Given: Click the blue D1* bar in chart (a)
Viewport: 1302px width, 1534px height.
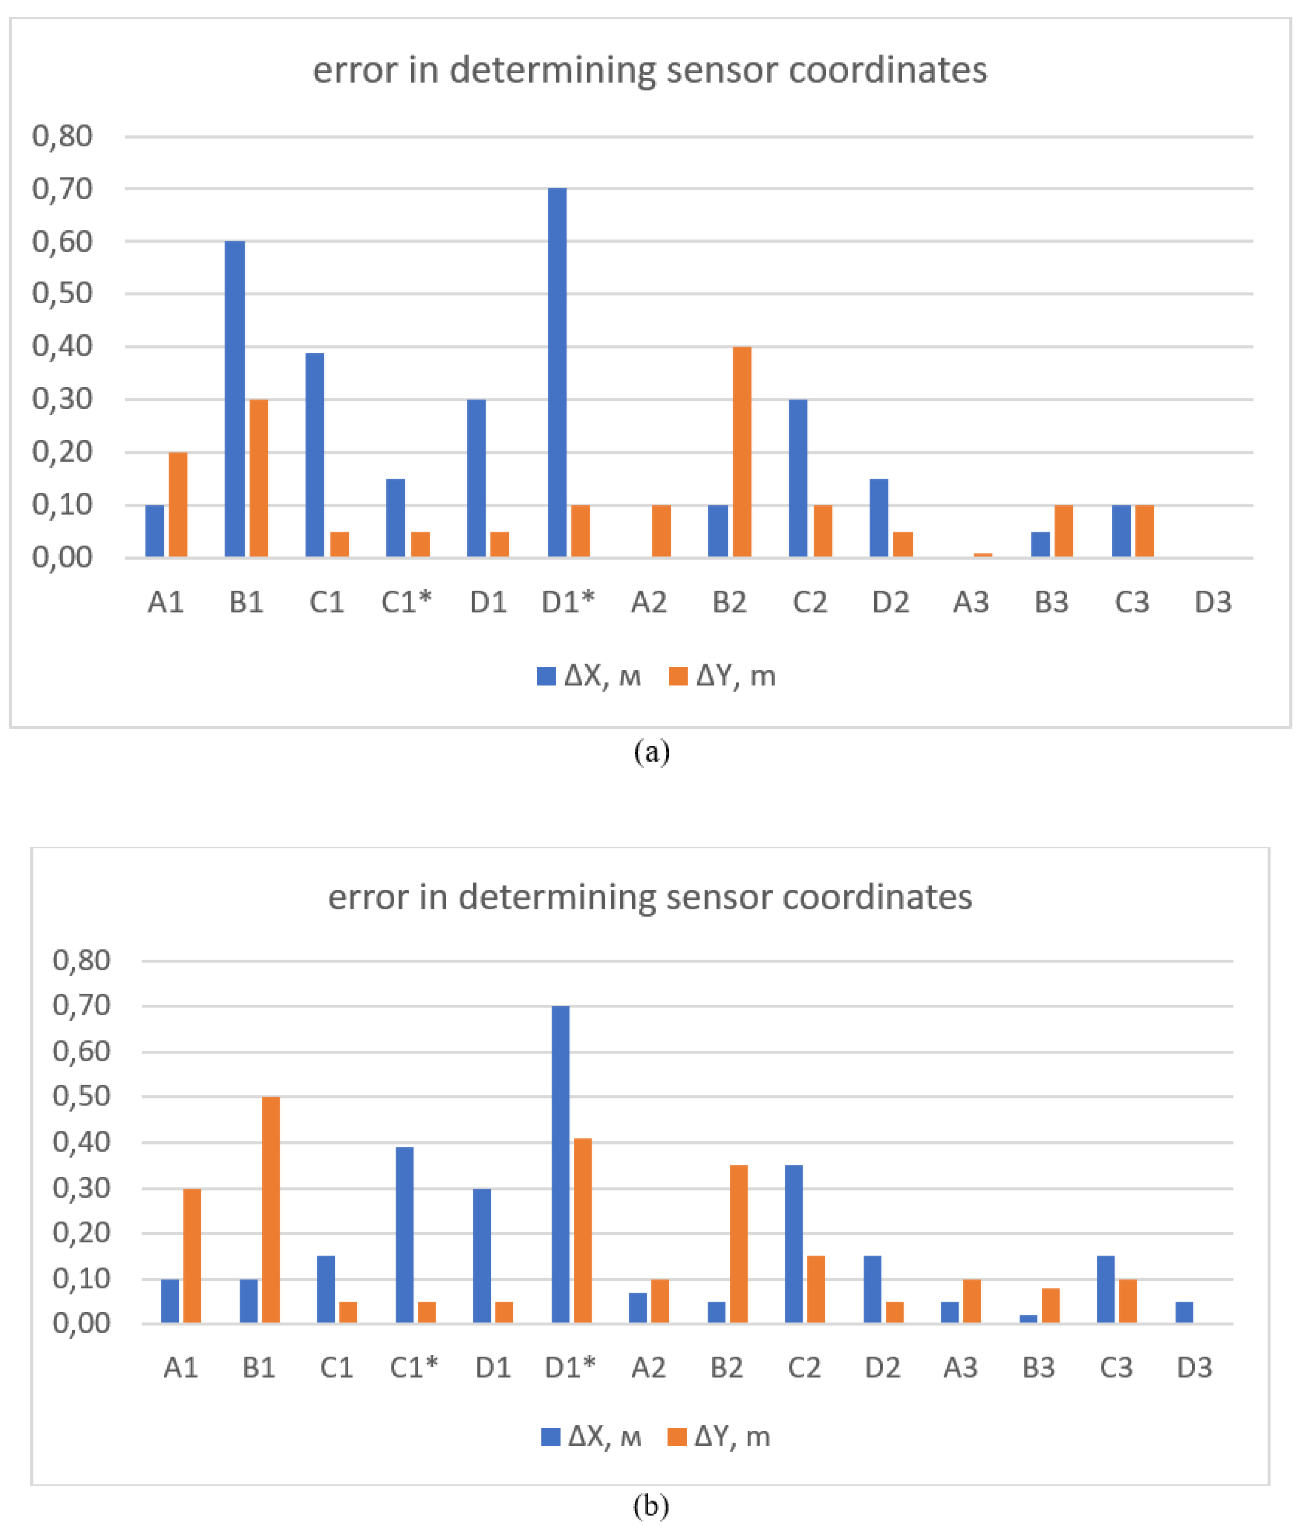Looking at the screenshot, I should coord(557,373).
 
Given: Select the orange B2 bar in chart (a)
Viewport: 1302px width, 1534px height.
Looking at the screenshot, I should coord(742,452).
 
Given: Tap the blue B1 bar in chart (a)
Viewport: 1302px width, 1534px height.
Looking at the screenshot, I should coord(235,399).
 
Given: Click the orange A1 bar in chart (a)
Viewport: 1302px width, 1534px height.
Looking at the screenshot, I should coord(178,505).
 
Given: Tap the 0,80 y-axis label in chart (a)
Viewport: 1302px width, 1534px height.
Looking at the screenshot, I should coord(62,137).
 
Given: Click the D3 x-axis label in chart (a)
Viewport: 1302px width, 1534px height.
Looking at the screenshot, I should coord(1213,603).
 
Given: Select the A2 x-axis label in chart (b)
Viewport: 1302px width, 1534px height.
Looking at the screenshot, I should coord(648,1368).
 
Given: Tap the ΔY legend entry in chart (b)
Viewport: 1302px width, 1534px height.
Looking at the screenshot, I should coord(719,1437).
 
